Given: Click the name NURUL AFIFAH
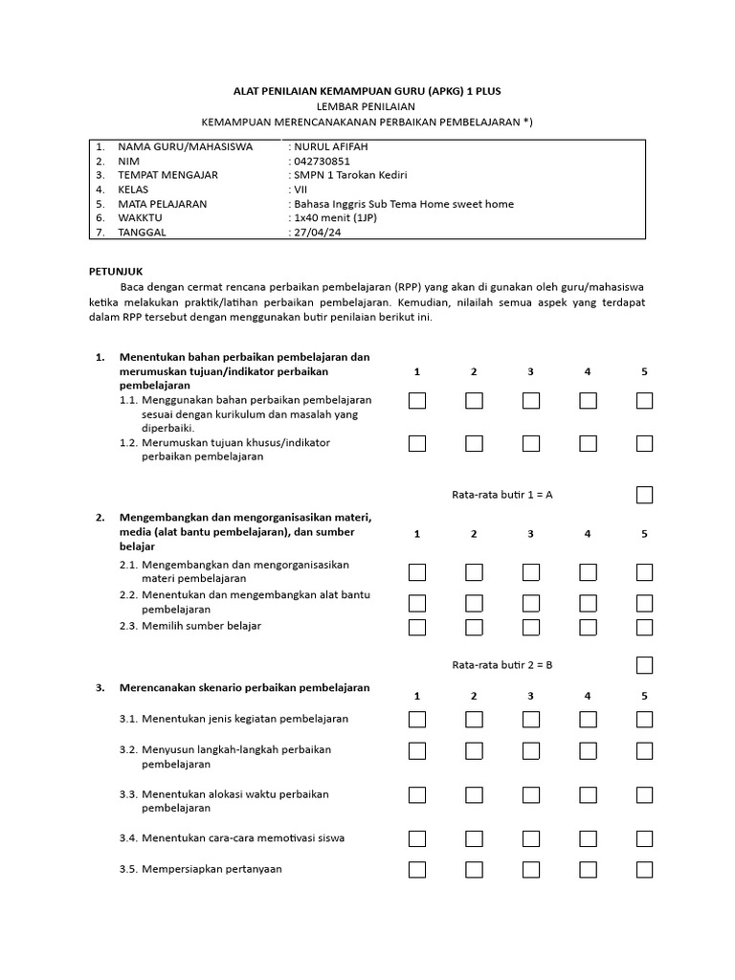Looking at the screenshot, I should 330,146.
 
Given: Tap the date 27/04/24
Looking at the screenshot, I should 315,232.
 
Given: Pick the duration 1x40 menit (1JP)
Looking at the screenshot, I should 338,218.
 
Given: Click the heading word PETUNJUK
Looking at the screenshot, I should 115,272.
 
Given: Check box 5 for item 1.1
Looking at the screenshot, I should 644,400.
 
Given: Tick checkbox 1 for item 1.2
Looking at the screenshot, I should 417,443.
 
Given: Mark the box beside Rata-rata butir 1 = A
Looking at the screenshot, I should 644,495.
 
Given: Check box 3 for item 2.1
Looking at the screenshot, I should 530,572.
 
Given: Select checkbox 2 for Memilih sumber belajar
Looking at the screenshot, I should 474,627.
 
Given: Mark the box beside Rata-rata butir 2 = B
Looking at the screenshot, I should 644,665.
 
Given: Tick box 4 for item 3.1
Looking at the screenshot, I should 588,719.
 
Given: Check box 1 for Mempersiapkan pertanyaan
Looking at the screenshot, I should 417,869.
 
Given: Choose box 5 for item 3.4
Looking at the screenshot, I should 644,838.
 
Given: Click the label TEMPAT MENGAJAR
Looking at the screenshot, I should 167,175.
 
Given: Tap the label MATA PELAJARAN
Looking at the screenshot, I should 162,204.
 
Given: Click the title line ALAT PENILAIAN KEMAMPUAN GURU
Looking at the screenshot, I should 367,91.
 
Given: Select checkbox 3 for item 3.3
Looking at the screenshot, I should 530,794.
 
